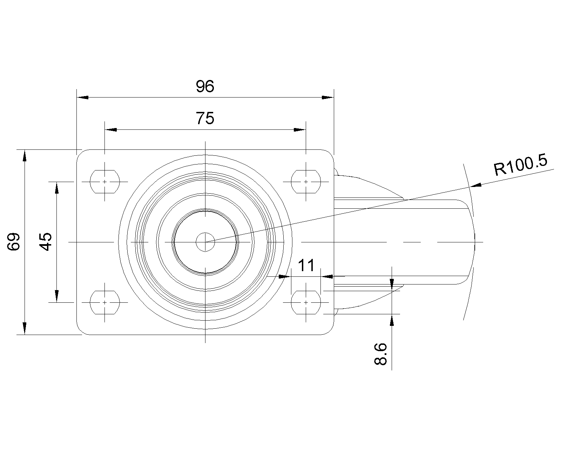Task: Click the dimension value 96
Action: click(x=205, y=86)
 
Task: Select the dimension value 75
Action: click(x=205, y=118)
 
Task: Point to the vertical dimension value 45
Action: click(x=46, y=242)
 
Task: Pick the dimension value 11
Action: click(x=306, y=266)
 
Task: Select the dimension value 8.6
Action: click(x=380, y=354)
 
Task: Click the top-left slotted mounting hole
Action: click(x=105, y=182)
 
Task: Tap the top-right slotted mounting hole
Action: click(x=306, y=182)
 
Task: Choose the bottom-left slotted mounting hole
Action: click(x=105, y=302)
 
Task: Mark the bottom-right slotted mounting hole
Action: click(x=306, y=302)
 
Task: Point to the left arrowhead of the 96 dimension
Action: click(x=82, y=98)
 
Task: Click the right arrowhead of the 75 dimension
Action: click(x=300, y=130)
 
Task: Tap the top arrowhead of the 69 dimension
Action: click(x=25, y=156)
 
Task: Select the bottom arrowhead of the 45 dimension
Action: click(x=57, y=296)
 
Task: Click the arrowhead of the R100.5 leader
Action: click(x=476, y=185)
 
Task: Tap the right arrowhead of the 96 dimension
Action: click(x=328, y=98)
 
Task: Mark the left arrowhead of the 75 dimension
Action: click(x=111, y=130)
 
